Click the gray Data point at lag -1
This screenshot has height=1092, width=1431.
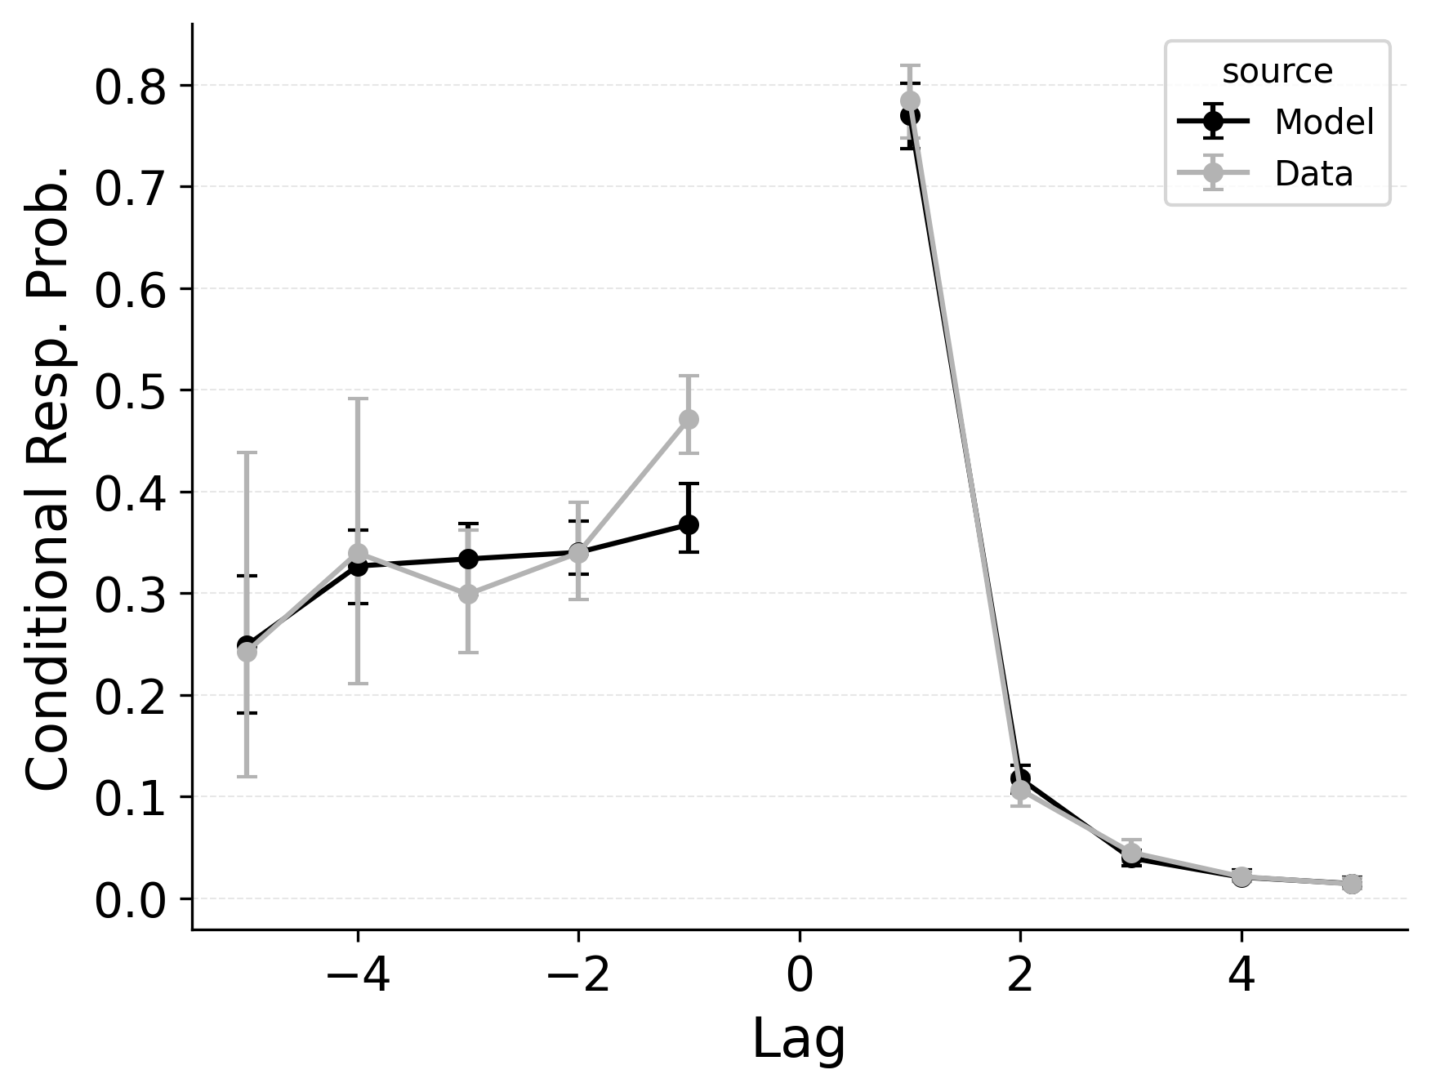[689, 419]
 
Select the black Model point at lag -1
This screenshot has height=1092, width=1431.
[689, 524]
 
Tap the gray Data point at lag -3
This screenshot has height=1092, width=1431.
[468, 594]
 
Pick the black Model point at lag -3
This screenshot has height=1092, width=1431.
[468, 559]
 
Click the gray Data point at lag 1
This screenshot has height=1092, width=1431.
[910, 101]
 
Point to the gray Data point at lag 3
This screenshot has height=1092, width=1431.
[1131, 854]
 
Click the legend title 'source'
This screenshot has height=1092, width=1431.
[1277, 72]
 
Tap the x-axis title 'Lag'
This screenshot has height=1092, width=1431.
[798, 1040]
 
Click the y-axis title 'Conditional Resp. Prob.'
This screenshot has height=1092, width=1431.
[47, 478]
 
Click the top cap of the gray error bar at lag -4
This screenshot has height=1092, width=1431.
[358, 399]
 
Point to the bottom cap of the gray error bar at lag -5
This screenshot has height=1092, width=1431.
[247, 776]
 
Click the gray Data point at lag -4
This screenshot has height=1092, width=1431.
[358, 554]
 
